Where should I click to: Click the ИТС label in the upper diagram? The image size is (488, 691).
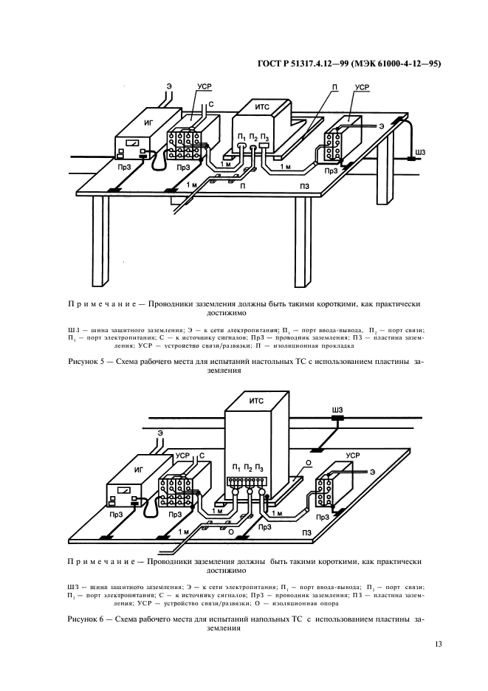[x=260, y=108]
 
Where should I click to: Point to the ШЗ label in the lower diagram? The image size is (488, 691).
[x=339, y=409]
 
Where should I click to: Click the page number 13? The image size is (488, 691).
[x=439, y=644]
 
